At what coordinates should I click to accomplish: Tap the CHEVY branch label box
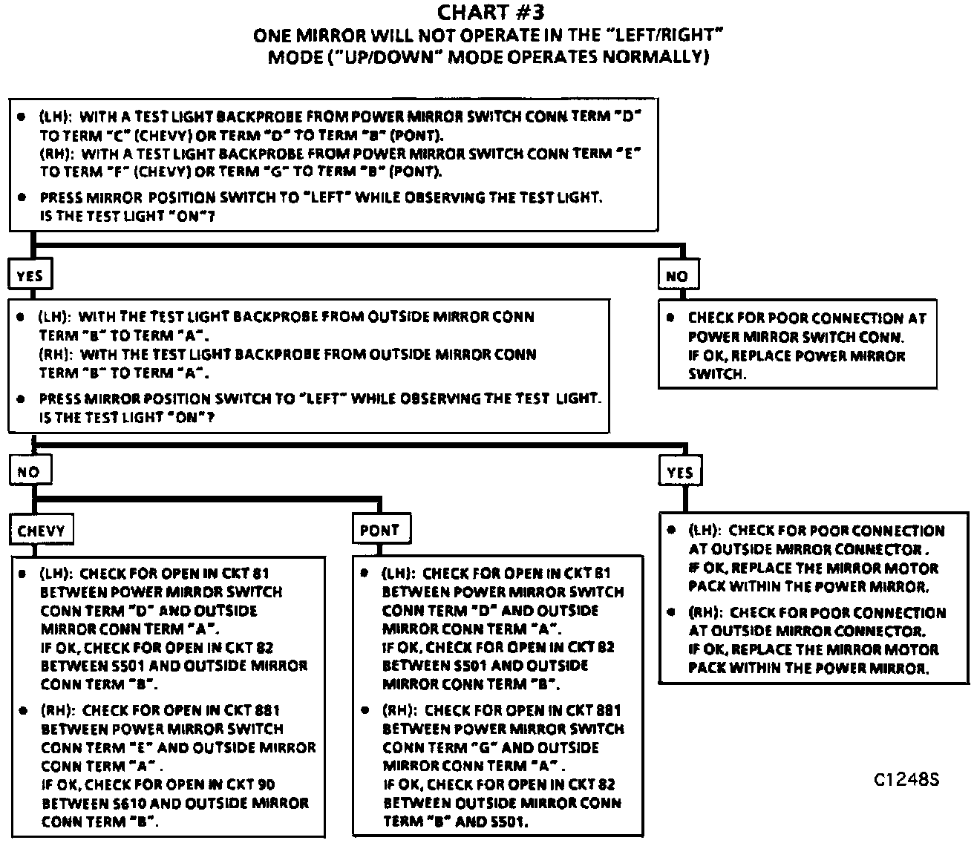[42, 531]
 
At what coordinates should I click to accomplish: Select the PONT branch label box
[379, 530]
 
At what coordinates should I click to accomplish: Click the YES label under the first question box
[30, 276]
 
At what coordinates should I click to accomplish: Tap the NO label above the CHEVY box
[28, 472]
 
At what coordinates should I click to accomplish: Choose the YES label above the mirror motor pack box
[680, 472]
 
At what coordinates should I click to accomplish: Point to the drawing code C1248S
[906, 780]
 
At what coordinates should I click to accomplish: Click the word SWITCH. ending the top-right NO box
[716, 374]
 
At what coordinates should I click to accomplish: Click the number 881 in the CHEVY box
[267, 710]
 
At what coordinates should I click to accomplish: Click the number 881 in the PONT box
[607, 710]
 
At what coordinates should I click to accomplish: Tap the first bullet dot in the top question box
[22, 117]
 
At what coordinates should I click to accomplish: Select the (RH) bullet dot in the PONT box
[365, 710]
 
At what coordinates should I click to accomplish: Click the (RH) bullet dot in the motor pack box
[671, 613]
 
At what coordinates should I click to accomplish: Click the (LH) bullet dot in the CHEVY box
[22, 574]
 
